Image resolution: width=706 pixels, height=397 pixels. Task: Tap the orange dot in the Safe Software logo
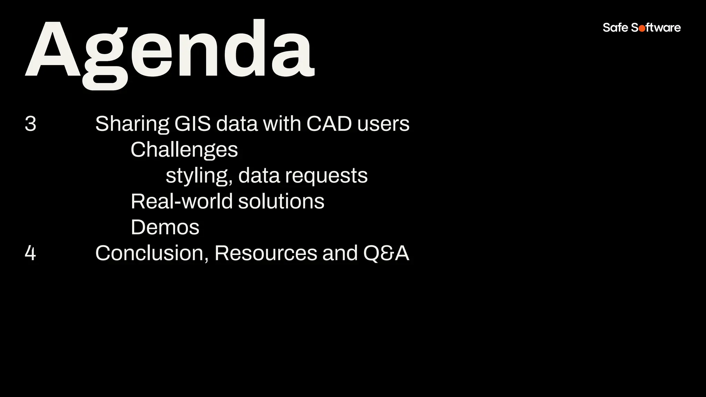pyautogui.click(x=642, y=29)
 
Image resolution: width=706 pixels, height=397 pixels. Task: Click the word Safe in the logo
pyautogui.click(x=615, y=28)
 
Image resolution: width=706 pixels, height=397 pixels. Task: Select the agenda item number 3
pyautogui.click(x=30, y=124)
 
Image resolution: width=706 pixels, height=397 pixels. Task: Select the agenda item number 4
pyautogui.click(x=30, y=253)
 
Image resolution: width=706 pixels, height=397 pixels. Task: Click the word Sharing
pyautogui.click(x=132, y=124)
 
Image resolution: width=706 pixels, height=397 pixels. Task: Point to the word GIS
pyautogui.click(x=192, y=124)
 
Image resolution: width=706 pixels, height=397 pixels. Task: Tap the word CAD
pyautogui.click(x=329, y=124)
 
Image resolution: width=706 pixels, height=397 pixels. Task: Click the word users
pyautogui.click(x=383, y=124)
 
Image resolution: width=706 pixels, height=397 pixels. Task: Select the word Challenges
pyautogui.click(x=184, y=150)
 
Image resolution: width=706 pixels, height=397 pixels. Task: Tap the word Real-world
pyautogui.click(x=182, y=201)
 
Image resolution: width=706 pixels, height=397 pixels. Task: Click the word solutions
pyautogui.click(x=281, y=201)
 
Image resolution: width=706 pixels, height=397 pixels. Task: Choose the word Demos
pyautogui.click(x=165, y=227)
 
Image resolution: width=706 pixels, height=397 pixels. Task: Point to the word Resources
pyautogui.click(x=265, y=253)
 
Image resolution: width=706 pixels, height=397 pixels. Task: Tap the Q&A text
pyautogui.click(x=386, y=253)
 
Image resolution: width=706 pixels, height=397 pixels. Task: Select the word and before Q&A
pyautogui.click(x=340, y=253)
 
